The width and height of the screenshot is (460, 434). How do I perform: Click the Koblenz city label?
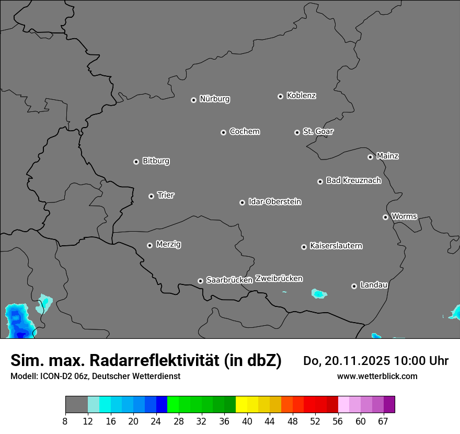(x=301, y=96)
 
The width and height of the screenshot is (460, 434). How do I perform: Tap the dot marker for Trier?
(x=152, y=196)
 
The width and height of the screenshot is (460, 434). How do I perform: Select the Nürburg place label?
(x=214, y=99)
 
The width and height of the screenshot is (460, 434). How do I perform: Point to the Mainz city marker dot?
(x=370, y=157)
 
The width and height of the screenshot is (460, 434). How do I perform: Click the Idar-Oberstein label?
(x=274, y=202)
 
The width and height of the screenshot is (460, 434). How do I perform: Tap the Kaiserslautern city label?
(x=336, y=246)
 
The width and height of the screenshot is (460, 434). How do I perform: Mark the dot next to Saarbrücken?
(x=200, y=281)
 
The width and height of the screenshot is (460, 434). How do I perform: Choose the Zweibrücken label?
(x=279, y=279)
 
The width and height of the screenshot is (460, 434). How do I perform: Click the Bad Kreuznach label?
(x=353, y=181)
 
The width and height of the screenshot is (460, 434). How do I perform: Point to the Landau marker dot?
(x=354, y=286)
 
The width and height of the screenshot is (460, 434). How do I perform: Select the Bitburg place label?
(x=156, y=161)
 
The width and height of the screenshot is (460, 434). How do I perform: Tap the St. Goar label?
(x=318, y=132)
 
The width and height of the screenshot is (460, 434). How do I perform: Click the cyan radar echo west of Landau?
(x=319, y=293)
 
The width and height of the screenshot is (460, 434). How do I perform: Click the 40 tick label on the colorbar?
(x=247, y=421)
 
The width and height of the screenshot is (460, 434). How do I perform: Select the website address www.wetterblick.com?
(x=377, y=376)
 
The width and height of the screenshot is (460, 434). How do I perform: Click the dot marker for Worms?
(x=385, y=217)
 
